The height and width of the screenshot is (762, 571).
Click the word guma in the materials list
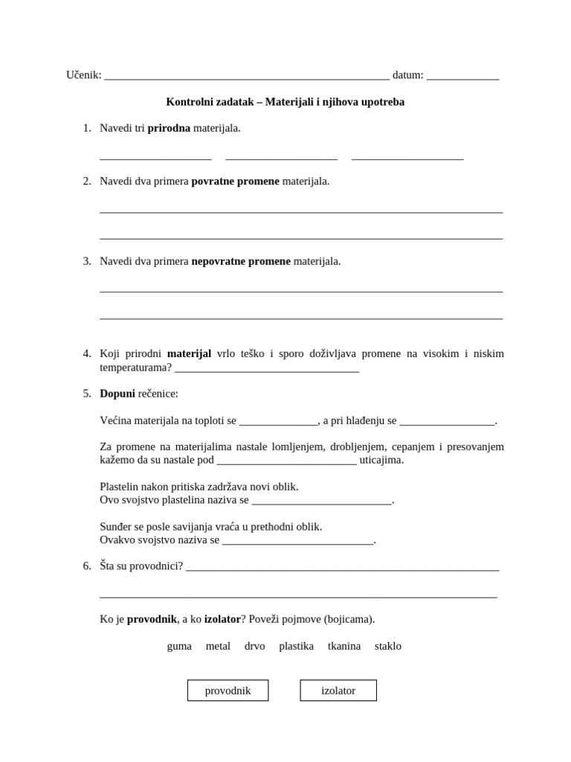point(179,646)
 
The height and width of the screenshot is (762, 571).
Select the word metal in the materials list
point(218,646)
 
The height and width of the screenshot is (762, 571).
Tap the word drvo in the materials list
point(254,646)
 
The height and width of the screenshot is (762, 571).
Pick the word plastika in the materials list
point(296,646)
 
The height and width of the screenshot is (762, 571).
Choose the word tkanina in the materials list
point(344,646)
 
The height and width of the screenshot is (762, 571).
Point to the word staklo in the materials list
point(388,646)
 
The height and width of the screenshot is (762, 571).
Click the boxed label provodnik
point(228,691)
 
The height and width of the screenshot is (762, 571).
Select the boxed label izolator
point(338,691)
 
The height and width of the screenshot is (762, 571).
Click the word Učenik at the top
point(83,74)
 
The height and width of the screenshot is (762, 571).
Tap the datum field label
point(407,74)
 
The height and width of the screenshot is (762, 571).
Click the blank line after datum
point(463,77)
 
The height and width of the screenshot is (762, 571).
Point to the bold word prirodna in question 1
point(169,128)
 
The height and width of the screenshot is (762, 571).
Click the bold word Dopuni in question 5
point(117,393)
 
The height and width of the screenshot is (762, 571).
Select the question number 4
point(87,353)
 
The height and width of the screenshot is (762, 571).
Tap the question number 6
point(87,566)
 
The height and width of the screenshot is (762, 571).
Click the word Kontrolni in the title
point(190,101)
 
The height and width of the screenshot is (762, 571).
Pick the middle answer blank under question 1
point(282,157)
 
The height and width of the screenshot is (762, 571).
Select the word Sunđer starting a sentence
point(117,526)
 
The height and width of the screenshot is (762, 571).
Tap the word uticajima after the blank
point(381,460)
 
